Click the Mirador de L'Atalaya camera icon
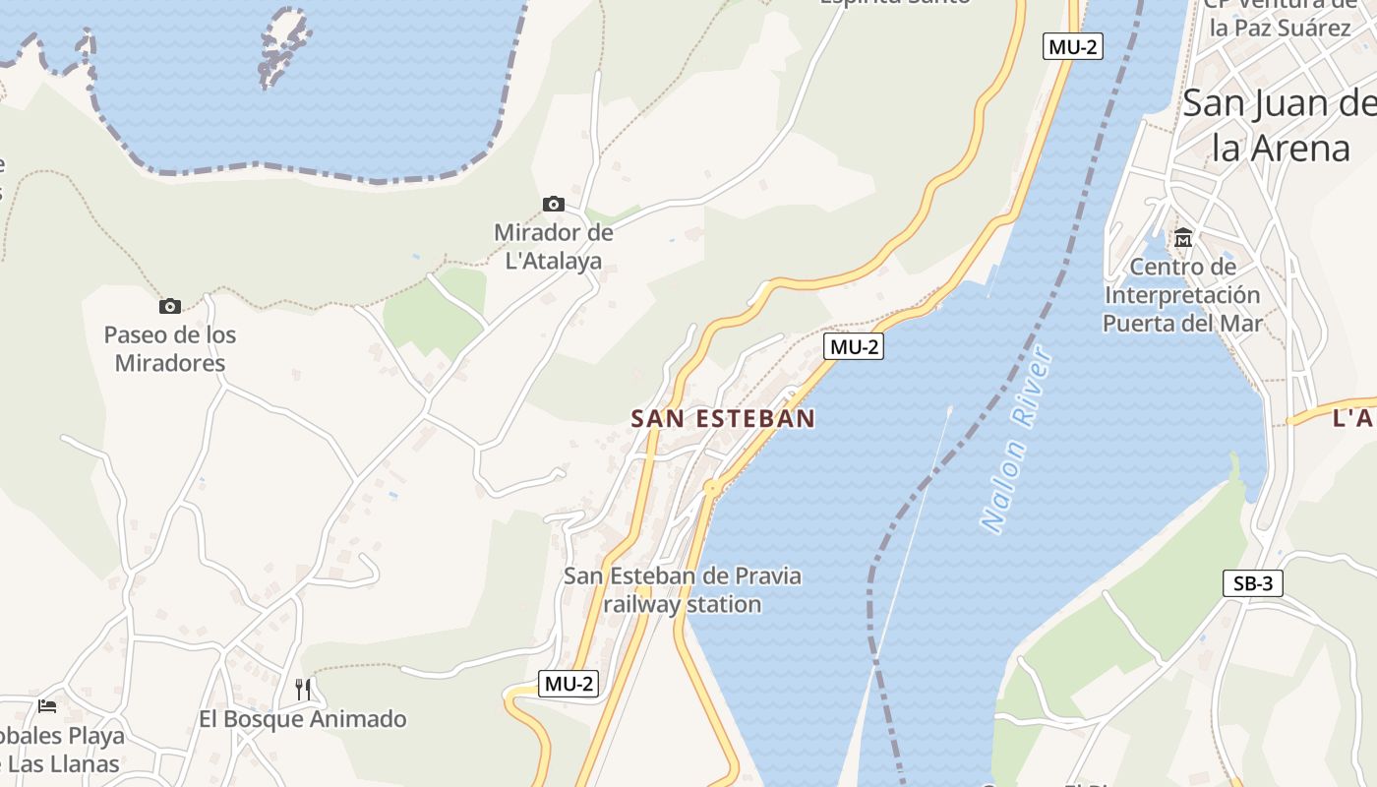554,205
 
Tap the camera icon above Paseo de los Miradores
170,306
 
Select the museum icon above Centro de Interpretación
1182,238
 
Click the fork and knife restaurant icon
303,690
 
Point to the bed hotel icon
46,705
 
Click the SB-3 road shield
1253,583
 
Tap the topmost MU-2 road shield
1072,46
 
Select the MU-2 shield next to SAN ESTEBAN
854,346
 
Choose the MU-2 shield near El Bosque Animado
569,684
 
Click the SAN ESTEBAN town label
723,418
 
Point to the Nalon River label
1017,440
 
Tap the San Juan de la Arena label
1279,125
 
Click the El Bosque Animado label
303,719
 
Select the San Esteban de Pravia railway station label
683,589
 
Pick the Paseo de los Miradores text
170,348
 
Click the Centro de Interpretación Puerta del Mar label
1181,294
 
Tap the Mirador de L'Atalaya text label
553,247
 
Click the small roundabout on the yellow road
711,487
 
